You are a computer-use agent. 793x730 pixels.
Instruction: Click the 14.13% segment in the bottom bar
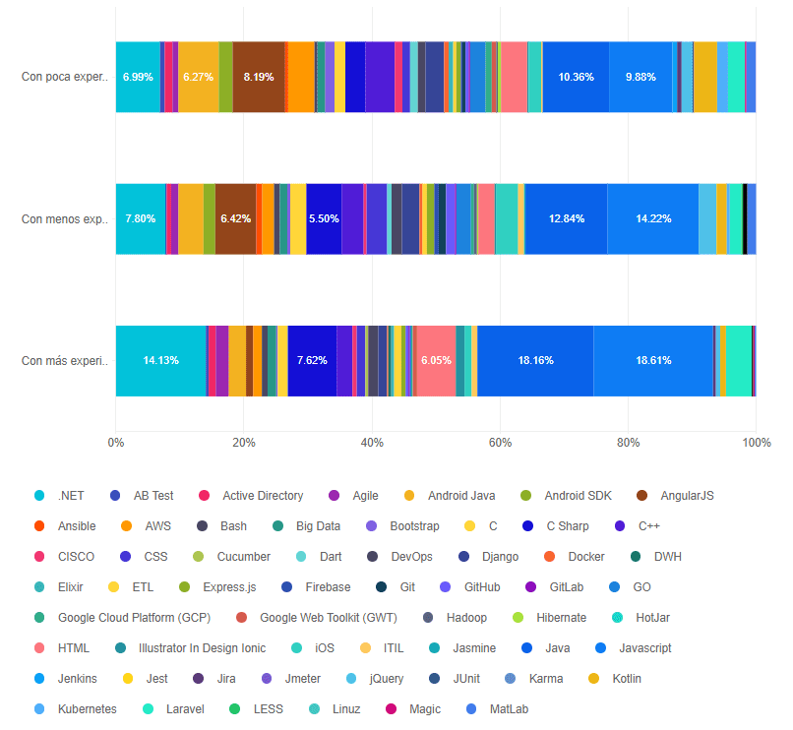coord(160,360)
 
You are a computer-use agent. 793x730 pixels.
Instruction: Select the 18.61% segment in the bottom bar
coord(653,360)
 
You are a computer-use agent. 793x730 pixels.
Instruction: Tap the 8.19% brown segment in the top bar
coord(259,77)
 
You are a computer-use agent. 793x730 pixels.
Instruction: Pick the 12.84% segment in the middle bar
coord(566,218)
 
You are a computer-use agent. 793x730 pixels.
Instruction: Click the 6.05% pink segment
coord(436,360)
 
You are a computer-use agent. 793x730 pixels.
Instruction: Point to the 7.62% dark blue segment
coord(312,360)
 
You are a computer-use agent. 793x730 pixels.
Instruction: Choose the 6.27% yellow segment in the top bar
coord(199,77)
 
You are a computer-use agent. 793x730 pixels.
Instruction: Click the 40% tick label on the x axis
coord(372,443)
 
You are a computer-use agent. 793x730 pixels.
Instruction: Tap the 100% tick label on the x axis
coord(756,443)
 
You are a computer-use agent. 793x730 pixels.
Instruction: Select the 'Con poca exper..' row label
coord(63,77)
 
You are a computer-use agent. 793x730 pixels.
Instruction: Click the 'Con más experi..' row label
coord(63,360)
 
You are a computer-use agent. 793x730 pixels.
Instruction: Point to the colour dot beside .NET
coord(40,496)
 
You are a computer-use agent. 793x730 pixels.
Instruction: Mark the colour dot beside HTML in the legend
coord(40,648)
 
